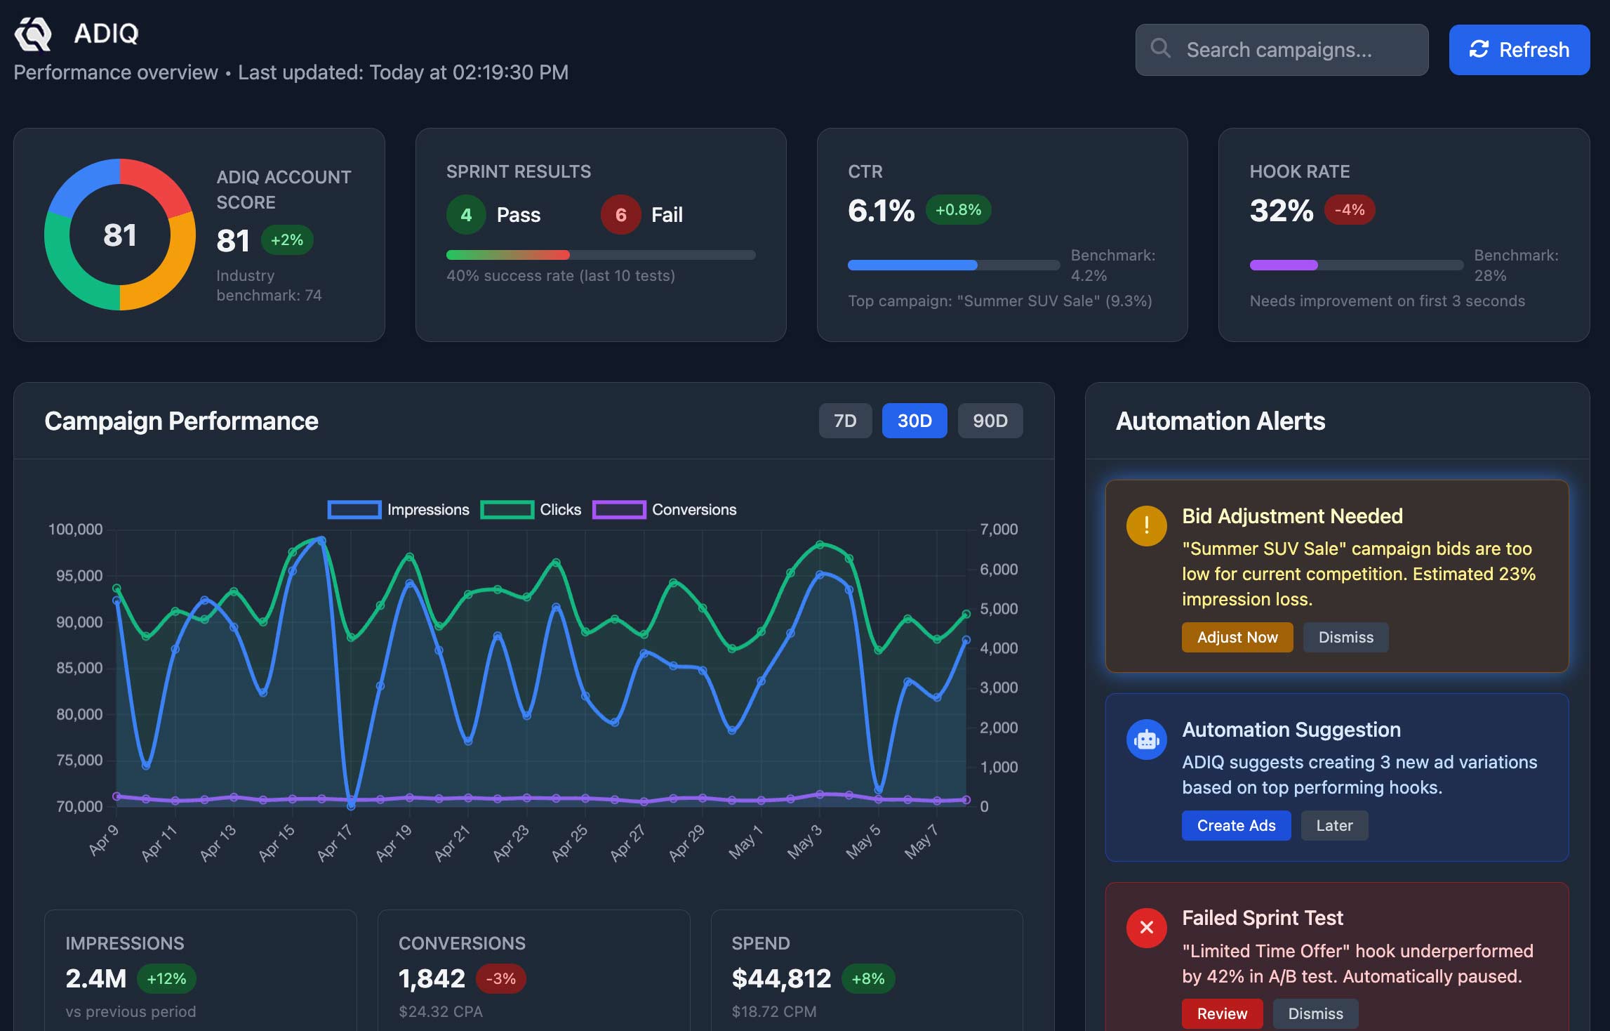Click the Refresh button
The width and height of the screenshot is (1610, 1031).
[x=1519, y=50]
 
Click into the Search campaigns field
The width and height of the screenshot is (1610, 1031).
[x=1282, y=50]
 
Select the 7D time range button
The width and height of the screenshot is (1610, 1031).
[x=845, y=421]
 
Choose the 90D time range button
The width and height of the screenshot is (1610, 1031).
[x=990, y=421]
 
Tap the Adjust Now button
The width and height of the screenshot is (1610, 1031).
[x=1237, y=637]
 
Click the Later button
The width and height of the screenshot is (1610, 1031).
[x=1334, y=825]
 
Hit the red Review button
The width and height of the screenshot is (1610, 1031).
[x=1222, y=1013]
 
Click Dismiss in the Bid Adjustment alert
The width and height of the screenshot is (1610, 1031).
[x=1345, y=637]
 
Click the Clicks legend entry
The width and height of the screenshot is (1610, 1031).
[x=531, y=509]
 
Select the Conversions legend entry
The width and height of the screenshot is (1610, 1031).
[x=665, y=509]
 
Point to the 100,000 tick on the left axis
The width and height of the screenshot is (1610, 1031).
[x=75, y=529]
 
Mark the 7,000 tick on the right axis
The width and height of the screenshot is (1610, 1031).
[x=999, y=529]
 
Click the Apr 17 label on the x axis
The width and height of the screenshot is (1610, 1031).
[x=334, y=842]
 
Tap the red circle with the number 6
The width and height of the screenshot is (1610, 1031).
[x=620, y=214]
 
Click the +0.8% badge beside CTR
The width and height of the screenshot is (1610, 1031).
[x=958, y=209]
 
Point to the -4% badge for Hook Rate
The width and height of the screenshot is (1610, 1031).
[x=1349, y=209]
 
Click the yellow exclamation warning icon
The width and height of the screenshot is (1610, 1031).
[x=1146, y=525]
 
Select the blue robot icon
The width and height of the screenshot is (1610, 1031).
[x=1146, y=739]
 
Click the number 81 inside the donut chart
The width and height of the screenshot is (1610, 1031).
[x=120, y=235]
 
